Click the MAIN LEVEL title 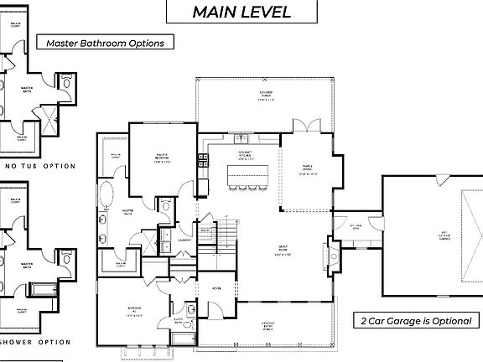(x=241, y=12)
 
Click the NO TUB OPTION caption (x=41, y=166)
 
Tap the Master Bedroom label (x=164, y=157)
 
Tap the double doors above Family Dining (x=305, y=126)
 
